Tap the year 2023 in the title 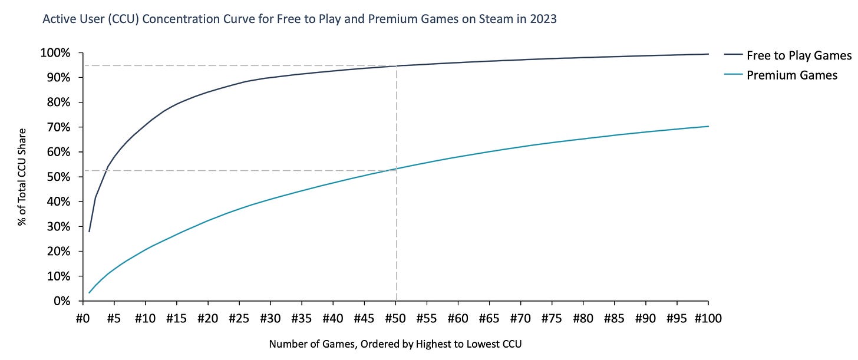(543, 19)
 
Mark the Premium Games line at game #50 (396, 169)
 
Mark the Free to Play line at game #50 (396, 66)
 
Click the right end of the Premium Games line (708, 126)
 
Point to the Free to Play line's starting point (89, 232)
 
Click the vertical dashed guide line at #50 (396, 236)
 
